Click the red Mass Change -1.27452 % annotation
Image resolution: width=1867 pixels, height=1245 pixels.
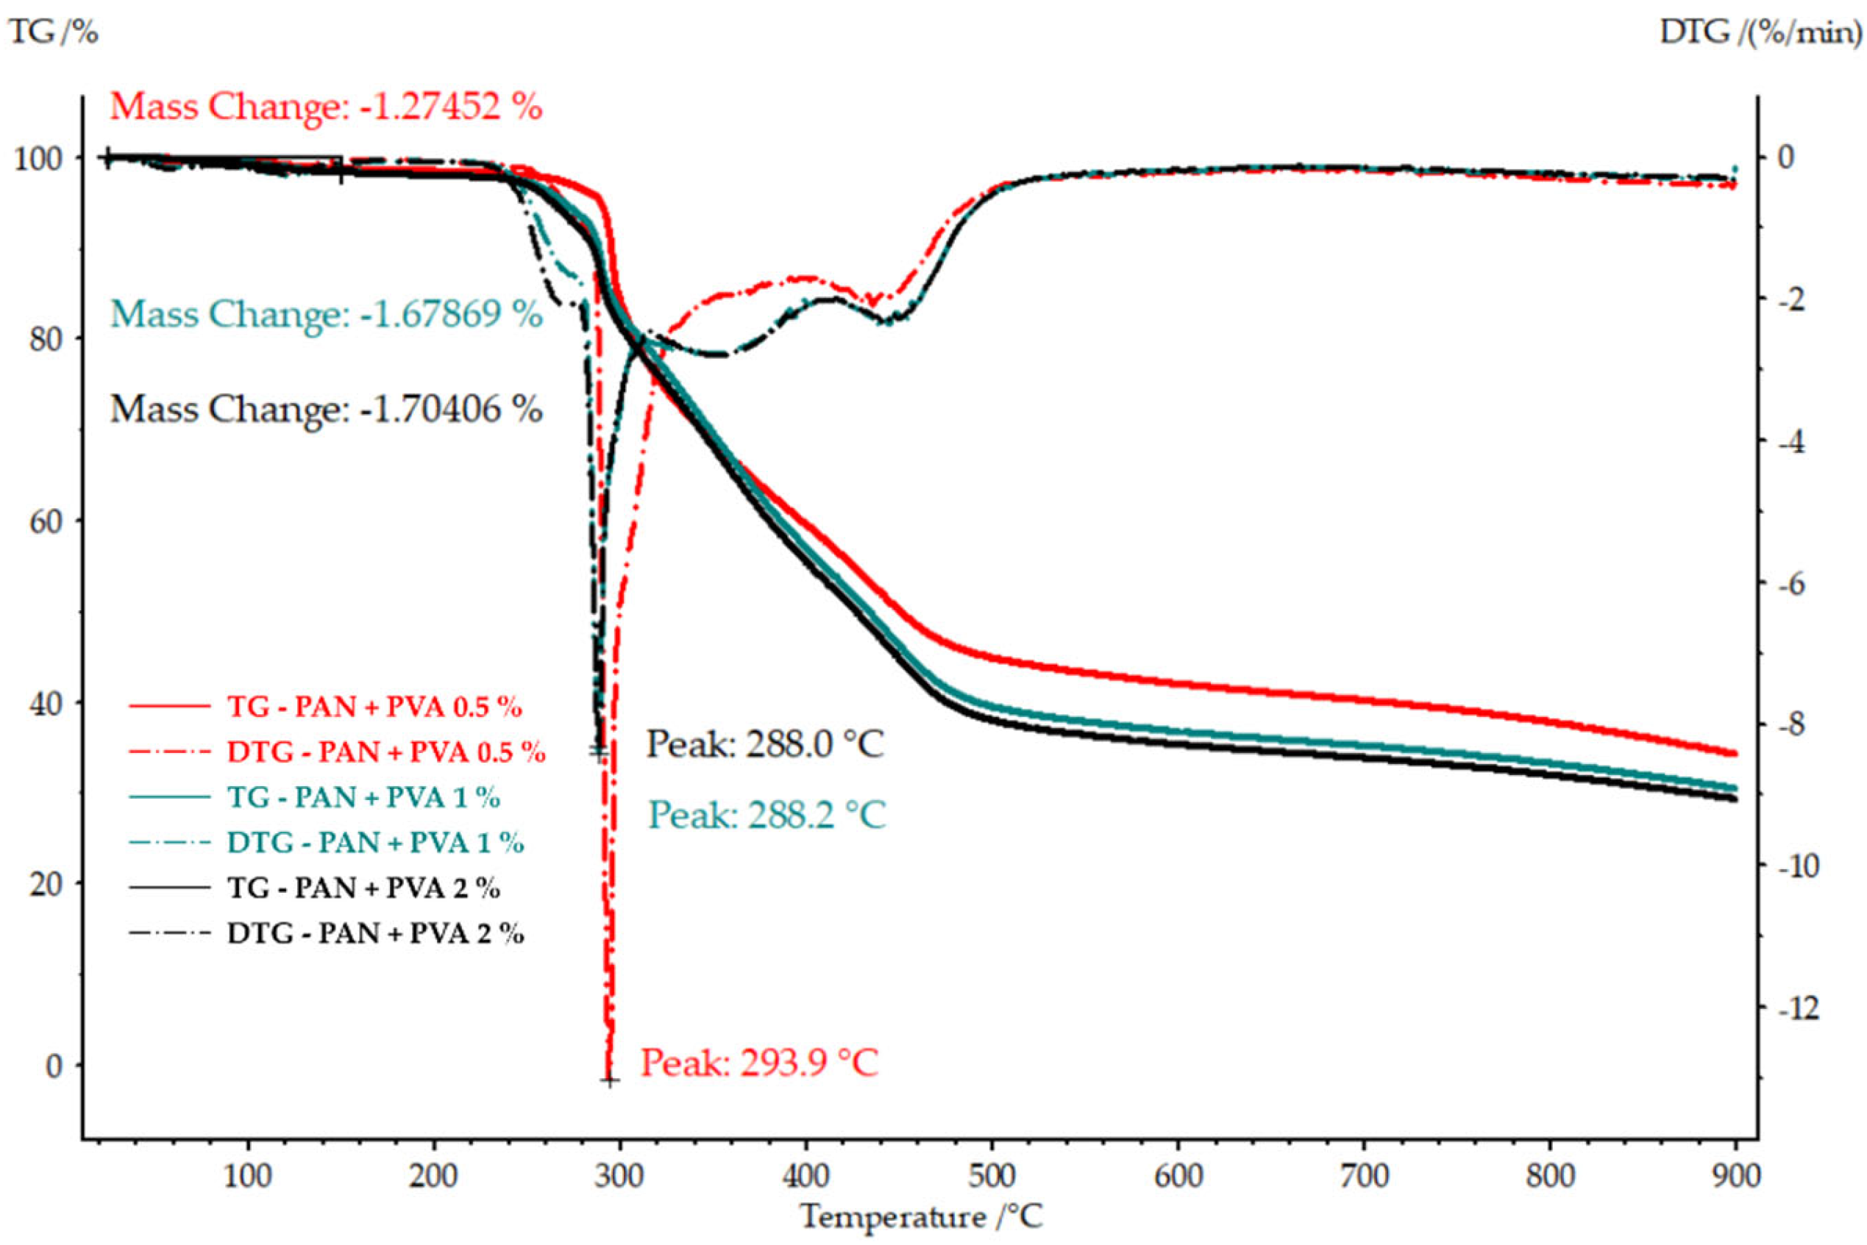click(x=326, y=107)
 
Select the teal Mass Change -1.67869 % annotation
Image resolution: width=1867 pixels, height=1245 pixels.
click(x=326, y=315)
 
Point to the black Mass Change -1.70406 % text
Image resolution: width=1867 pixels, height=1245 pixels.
click(x=326, y=410)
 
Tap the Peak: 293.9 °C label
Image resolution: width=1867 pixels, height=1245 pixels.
click(x=759, y=1063)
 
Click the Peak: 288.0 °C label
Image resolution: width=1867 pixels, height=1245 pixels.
click(x=764, y=745)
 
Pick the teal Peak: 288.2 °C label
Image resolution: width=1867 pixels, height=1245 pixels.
click(x=767, y=815)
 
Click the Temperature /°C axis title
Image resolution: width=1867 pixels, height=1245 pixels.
click(x=920, y=1216)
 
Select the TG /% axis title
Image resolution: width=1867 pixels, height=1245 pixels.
click(x=52, y=32)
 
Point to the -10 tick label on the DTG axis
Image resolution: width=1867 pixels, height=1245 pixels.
click(x=1793, y=866)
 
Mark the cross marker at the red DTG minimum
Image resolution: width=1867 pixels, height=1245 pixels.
click(x=609, y=1080)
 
